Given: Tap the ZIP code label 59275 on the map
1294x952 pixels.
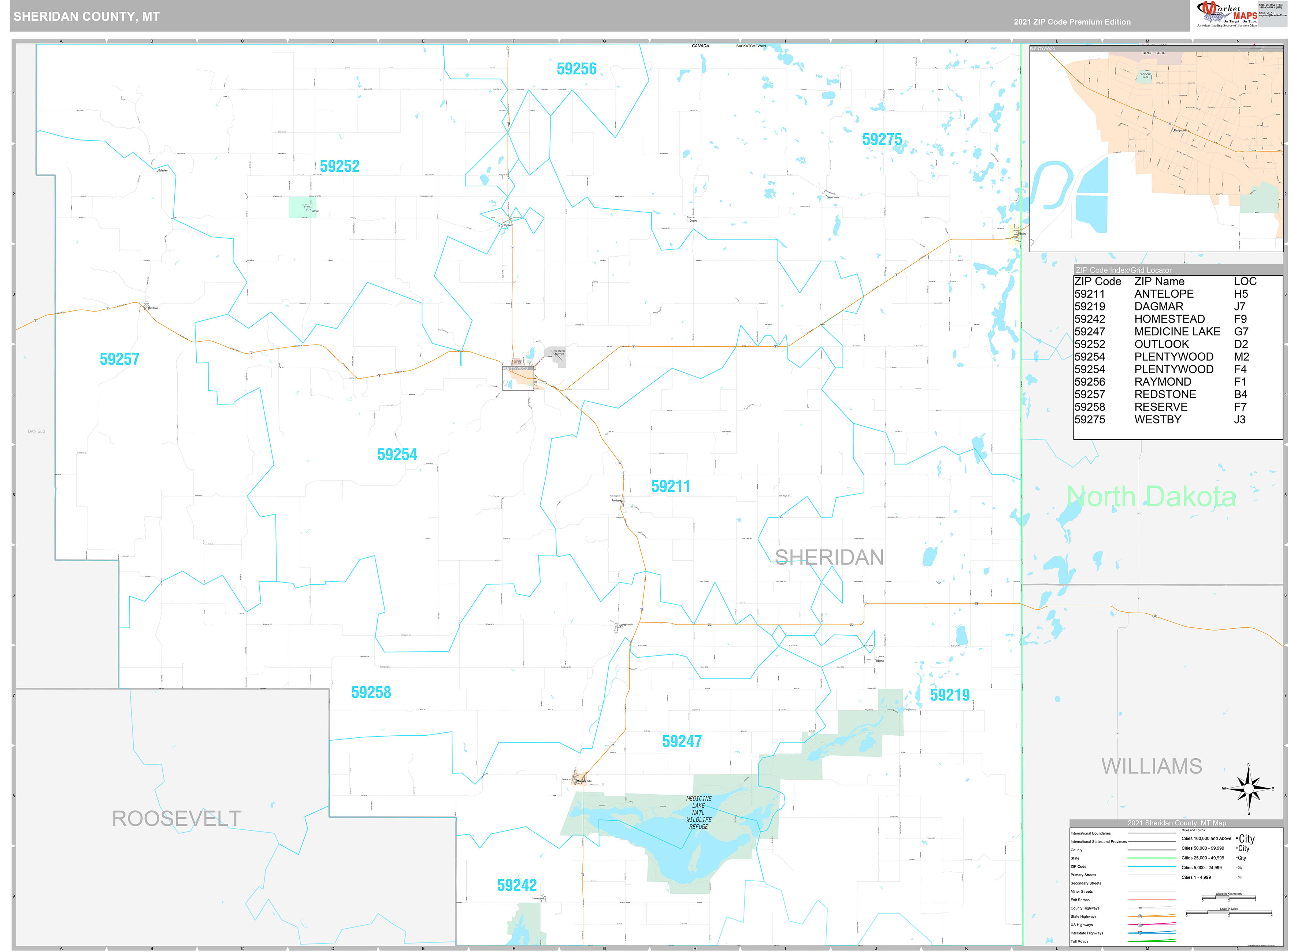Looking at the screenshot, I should pos(882,140).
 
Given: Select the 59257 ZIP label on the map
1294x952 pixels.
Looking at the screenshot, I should pos(119,359).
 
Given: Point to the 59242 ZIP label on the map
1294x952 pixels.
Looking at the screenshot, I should pos(516,885).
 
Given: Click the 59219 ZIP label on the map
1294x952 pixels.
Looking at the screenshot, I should pos(950,695).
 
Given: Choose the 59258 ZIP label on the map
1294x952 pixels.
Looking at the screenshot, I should pos(371,692).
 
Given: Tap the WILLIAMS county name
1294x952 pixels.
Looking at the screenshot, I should pos(1152,766).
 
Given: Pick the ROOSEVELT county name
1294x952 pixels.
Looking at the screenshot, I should pos(177,818).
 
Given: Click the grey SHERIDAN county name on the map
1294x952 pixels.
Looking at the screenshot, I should pos(829,557).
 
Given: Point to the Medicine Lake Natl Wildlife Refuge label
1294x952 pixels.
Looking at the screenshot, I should pos(698,812).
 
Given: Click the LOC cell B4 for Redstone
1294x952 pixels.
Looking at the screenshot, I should pos(1241,395).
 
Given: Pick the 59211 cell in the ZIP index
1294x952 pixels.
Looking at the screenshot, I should pos(1089,294).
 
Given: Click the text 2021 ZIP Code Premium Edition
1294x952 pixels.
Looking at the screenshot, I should pos(1072,22).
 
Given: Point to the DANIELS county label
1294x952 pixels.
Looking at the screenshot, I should pos(36,431).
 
